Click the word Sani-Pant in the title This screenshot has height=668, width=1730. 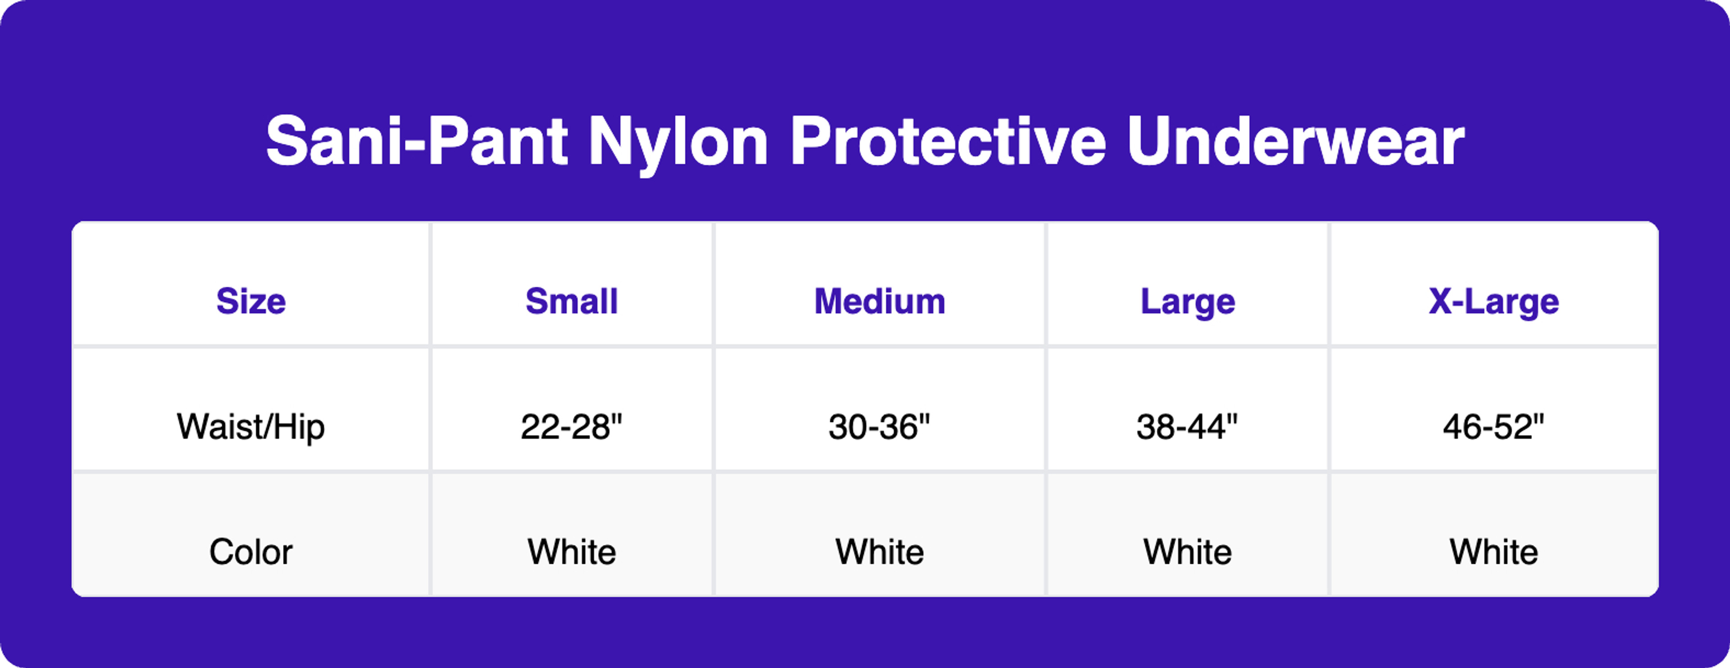[x=416, y=142]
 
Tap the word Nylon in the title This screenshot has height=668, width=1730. [x=678, y=143]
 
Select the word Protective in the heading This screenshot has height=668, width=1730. [x=947, y=142]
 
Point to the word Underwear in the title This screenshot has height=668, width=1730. [x=1295, y=142]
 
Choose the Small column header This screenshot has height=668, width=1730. [x=572, y=301]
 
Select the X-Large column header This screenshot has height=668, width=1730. [x=1493, y=301]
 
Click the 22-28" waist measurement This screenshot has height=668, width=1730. [x=572, y=427]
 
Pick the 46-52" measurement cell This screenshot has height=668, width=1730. [x=1493, y=427]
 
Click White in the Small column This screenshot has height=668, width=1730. [x=572, y=552]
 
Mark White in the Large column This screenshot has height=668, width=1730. [x=1188, y=552]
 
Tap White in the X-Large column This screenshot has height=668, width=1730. [x=1493, y=552]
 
